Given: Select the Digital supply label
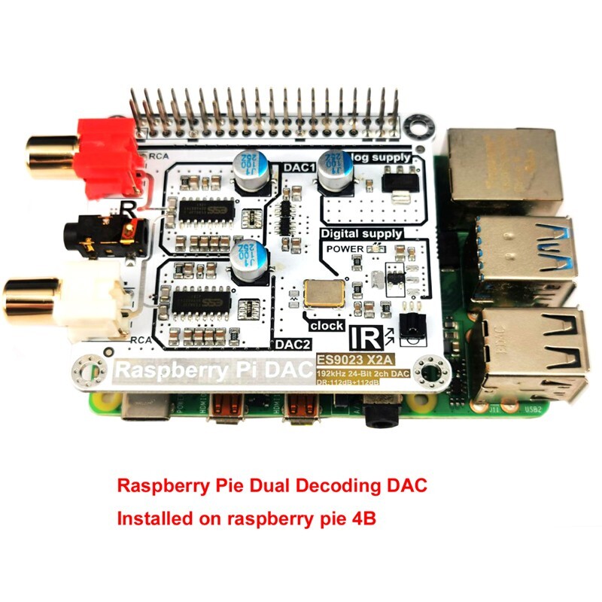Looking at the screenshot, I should pyautogui.click(x=361, y=234).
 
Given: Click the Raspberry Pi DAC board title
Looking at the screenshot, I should pyautogui.click(x=211, y=370).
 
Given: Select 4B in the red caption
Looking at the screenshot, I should pyautogui.click(x=362, y=519).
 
